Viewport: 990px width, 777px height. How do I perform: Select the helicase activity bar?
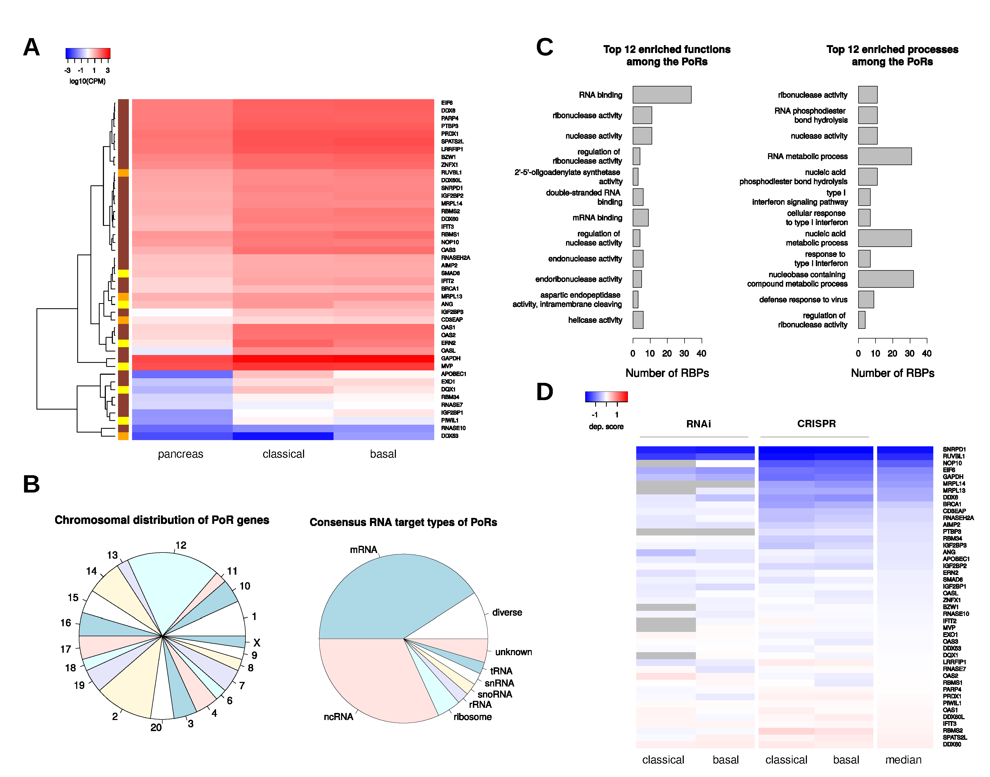pyautogui.click(x=638, y=320)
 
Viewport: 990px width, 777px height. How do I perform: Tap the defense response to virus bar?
pyautogui.click(x=866, y=299)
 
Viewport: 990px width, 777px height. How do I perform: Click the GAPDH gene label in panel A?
pyautogui.click(x=451, y=358)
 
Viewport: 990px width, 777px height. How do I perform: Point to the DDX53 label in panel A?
pyautogui.click(x=450, y=436)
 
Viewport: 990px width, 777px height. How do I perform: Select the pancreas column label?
pyautogui.click(x=181, y=454)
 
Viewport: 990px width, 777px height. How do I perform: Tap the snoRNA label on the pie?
pyautogui.click(x=495, y=694)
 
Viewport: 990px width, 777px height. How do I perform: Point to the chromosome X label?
pyautogui.click(x=257, y=643)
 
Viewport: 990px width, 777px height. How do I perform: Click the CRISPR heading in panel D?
pyautogui.click(x=816, y=424)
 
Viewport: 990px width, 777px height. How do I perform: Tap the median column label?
pyautogui.click(x=903, y=760)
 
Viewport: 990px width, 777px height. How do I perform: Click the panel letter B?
pyautogui.click(x=31, y=484)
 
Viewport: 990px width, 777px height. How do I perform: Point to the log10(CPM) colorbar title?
pyautogui.click(x=87, y=81)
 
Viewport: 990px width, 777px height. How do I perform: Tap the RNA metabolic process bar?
pyautogui.click(x=884, y=156)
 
